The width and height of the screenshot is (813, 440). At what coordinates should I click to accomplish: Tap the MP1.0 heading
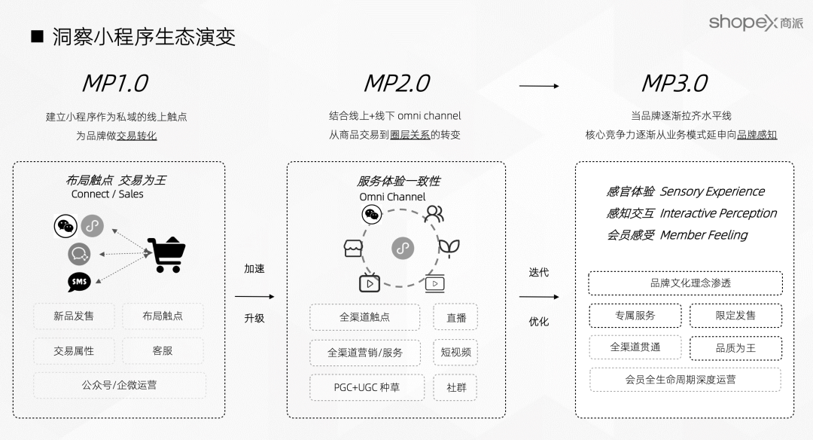tap(114, 83)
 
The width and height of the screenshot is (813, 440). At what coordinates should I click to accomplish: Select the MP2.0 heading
tap(397, 83)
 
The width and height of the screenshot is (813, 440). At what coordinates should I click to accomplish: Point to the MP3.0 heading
tap(674, 83)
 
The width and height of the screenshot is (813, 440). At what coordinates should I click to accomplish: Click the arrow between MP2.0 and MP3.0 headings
tap(539, 86)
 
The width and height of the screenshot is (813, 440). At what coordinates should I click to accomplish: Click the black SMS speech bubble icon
tap(79, 282)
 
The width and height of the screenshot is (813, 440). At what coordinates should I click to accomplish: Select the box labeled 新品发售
tap(74, 316)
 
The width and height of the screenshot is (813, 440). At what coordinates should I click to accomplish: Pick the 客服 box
tap(163, 350)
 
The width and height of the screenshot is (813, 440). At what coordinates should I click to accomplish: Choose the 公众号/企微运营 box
tap(119, 385)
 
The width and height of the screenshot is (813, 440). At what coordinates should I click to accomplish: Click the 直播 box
tap(456, 317)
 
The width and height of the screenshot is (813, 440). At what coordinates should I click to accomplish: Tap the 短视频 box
tap(456, 352)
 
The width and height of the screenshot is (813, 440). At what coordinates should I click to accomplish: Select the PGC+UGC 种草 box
tap(367, 387)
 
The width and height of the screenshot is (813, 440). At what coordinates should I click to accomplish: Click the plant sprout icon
tap(449, 246)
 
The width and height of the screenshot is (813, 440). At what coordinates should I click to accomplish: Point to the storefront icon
tap(353, 249)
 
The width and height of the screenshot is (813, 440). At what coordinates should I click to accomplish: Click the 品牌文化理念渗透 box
tap(685, 283)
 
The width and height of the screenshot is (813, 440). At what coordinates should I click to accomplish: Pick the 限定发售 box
tap(735, 316)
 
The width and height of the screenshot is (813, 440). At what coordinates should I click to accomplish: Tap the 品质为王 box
tap(735, 348)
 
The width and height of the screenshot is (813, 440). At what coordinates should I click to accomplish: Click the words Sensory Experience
tap(712, 191)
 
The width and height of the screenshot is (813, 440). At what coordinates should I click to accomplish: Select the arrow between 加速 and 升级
tap(254, 296)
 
